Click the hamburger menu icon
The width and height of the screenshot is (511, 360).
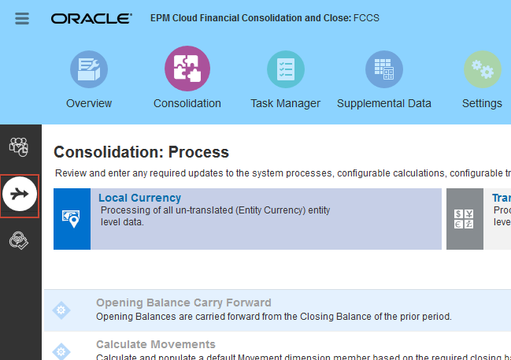(x=22, y=18)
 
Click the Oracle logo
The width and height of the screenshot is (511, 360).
(x=91, y=18)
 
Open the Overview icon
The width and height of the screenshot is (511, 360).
(x=89, y=69)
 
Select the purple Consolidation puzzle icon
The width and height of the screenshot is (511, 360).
(x=187, y=69)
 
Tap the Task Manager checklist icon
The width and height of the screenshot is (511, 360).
(x=285, y=69)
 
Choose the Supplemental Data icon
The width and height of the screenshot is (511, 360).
(x=384, y=69)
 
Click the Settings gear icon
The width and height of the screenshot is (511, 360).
(x=482, y=69)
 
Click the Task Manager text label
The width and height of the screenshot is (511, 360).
(x=285, y=103)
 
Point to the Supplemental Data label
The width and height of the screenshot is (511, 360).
(x=384, y=103)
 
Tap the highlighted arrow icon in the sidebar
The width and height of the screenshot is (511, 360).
(x=20, y=195)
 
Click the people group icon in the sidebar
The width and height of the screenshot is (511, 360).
(x=20, y=147)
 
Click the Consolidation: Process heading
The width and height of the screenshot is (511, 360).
(x=141, y=152)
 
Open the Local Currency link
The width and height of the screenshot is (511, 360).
(x=139, y=198)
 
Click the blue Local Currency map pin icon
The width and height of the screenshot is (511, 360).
(x=72, y=219)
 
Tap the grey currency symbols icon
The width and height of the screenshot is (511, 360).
(x=465, y=219)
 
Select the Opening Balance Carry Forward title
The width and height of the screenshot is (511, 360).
(x=183, y=302)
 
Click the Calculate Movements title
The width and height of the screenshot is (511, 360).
(x=156, y=344)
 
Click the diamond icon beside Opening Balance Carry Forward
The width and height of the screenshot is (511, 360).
(x=61, y=310)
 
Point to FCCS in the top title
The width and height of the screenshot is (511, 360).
(x=367, y=17)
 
